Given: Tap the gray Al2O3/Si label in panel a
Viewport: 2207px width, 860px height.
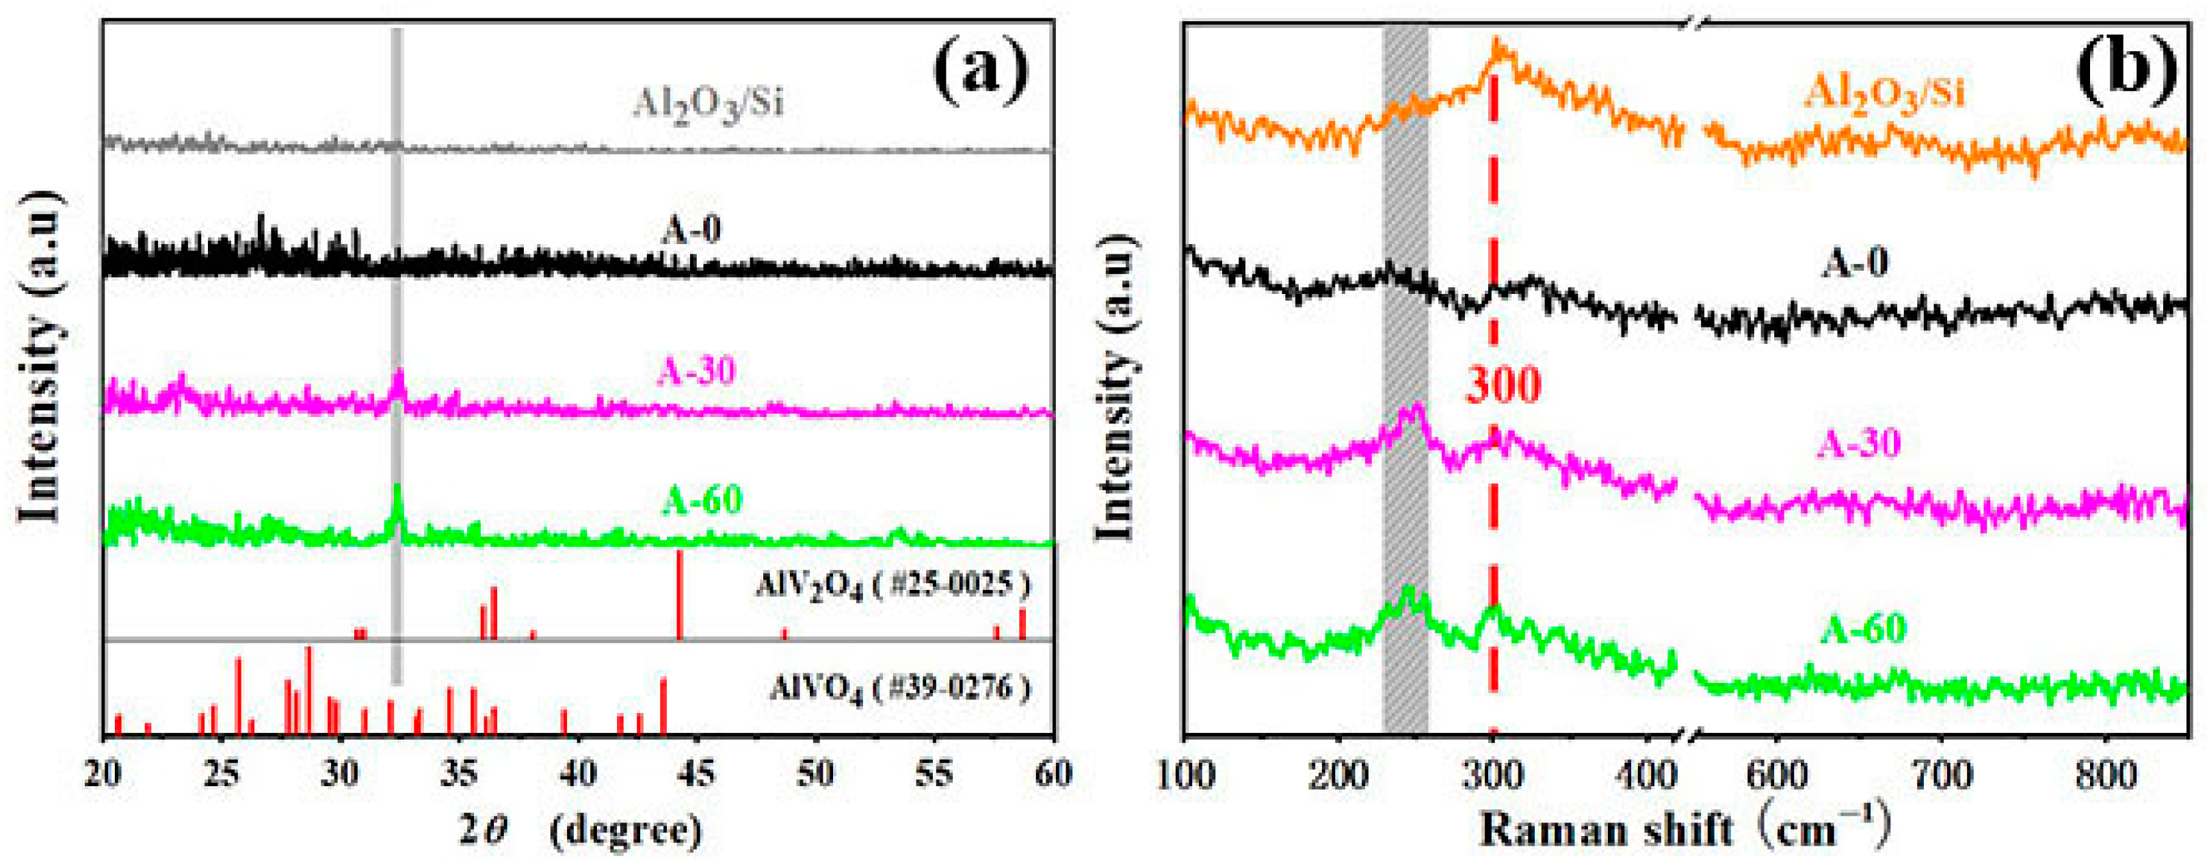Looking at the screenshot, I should click(x=708, y=103).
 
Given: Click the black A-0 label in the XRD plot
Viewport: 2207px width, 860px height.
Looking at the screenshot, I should click(x=691, y=230).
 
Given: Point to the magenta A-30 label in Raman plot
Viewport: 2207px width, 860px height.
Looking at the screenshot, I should click(x=1859, y=443).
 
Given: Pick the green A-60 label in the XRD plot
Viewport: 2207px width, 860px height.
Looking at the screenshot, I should click(x=702, y=499).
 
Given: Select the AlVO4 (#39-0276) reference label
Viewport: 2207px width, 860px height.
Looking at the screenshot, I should click(x=899, y=688).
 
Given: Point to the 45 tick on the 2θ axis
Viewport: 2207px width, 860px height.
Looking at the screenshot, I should click(x=696, y=773).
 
